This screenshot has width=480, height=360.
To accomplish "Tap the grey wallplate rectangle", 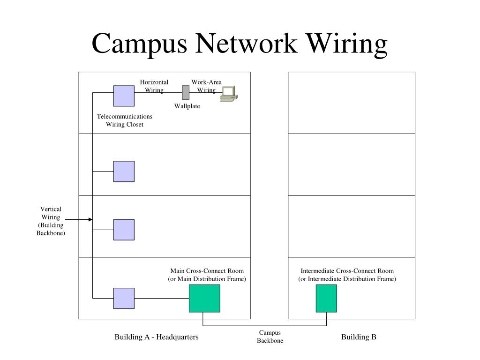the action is click(x=186, y=92).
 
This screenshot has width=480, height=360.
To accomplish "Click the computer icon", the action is click(x=229, y=94).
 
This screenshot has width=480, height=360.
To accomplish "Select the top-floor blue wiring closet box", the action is click(x=124, y=96).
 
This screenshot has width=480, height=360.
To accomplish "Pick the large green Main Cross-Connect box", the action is click(x=204, y=299).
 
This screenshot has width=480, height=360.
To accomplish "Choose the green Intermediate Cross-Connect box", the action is click(x=326, y=299).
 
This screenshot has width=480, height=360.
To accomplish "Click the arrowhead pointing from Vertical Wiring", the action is click(x=90, y=219).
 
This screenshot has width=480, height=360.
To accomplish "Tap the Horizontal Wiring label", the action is click(x=154, y=86).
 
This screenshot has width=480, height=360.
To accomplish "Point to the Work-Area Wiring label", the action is click(x=206, y=86).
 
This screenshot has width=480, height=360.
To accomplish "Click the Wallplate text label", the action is click(x=187, y=106).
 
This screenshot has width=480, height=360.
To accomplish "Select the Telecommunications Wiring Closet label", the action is click(x=125, y=120).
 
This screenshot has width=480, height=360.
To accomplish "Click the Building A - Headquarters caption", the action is click(x=157, y=337).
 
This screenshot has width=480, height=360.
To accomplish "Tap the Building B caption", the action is click(x=359, y=337).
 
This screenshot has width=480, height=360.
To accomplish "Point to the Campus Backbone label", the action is click(x=270, y=337).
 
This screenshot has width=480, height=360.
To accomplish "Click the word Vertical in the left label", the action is click(x=51, y=209).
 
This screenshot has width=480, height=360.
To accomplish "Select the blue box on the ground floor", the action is click(x=124, y=298).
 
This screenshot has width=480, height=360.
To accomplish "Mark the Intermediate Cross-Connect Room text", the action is click(x=347, y=271).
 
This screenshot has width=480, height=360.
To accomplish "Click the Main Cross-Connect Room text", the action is click(x=207, y=271).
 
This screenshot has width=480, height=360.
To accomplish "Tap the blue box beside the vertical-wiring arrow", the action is click(x=124, y=230).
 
